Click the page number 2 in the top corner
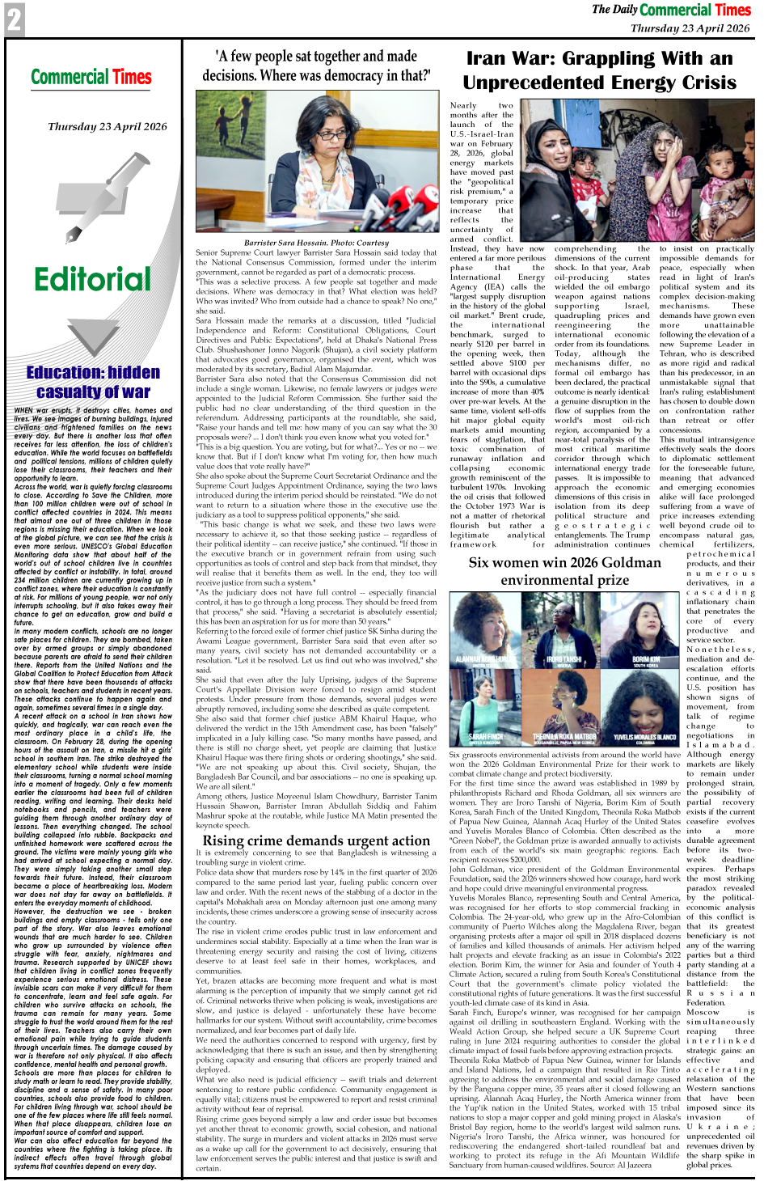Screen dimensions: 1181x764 point(15,19)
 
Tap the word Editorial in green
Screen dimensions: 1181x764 point(92,280)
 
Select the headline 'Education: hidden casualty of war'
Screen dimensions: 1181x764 point(93,382)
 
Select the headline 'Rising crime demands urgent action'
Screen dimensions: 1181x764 point(316,840)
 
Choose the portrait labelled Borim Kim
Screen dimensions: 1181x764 point(645,637)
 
